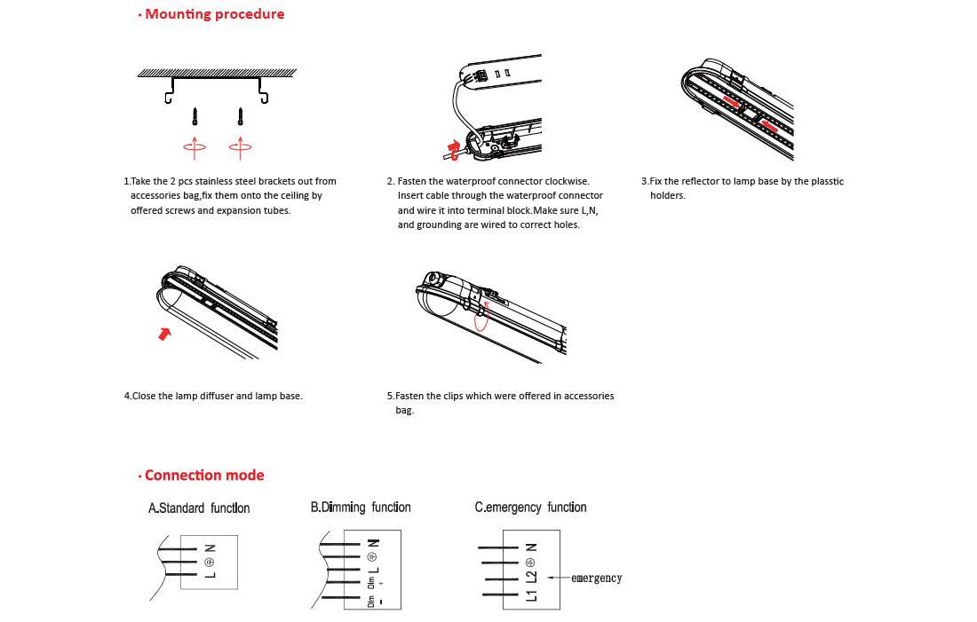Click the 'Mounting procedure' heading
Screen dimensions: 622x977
tap(214, 14)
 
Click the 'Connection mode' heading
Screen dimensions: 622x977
tap(203, 475)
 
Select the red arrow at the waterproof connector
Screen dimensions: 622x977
tap(456, 147)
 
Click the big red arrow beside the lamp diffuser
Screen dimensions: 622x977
tap(164, 334)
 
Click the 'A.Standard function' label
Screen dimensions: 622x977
tap(199, 508)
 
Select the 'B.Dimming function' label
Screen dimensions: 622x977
tap(361, 508)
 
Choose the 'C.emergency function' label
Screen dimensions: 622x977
tap(530, 508)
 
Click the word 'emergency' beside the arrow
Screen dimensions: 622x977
tap(596, 579)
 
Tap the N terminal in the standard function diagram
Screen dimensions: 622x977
tap(210, 547)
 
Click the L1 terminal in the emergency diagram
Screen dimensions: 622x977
tap(531, 594)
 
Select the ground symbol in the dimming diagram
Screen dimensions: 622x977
tap(371, 556)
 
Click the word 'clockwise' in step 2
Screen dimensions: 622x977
tap(567, 181)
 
